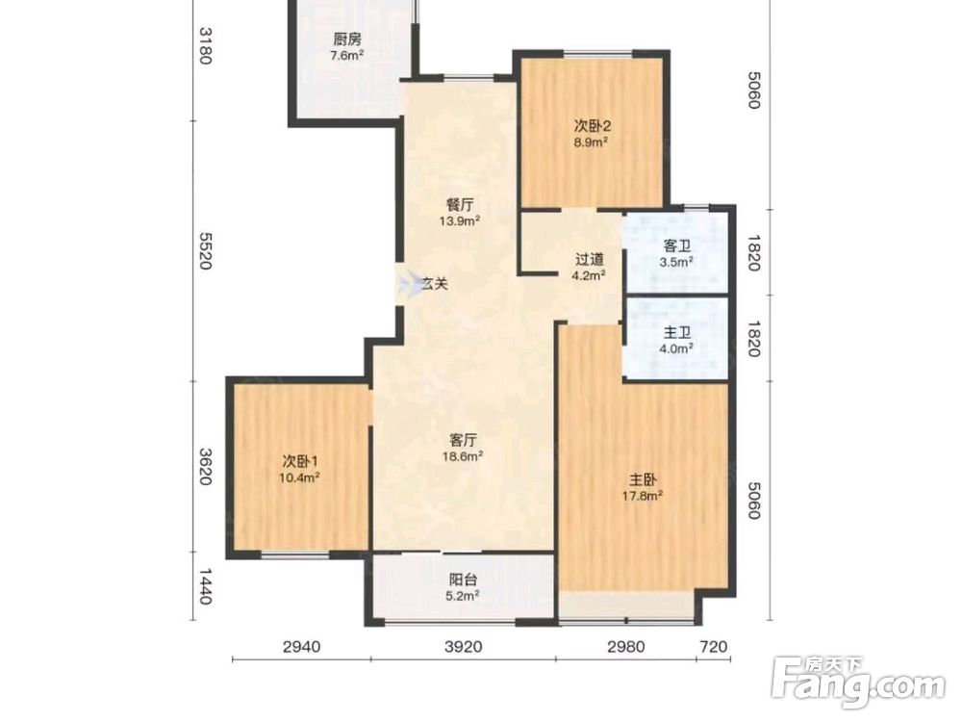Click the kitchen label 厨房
click(x=347, y=39)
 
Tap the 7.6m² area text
click(x=347, y=56)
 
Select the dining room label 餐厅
click(x=460, y=206)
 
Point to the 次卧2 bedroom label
click(x=592, y=126)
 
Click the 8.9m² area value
click(x=591, y=142)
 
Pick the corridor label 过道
click(x=589, y=260)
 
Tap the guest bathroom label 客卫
click(x=676, y=246)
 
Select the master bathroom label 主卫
click(x=676, y=333)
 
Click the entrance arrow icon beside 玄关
click(x=406, y=283)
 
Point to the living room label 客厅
click(x=463, y=440)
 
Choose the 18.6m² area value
click(x=463, y=456)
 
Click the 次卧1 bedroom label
click(x=300, y=461)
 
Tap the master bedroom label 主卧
click(x=643, y=479)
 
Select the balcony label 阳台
click(x=463, y=580)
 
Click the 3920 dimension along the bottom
click(x=464, y=647)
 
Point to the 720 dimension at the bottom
click(x=714, y=647)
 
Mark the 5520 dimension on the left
click(x=205, y=250)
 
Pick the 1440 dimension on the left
click(x=205, y=587)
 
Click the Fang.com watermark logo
click(x=858, y=681)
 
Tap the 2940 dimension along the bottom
click(x=301, y=647)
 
